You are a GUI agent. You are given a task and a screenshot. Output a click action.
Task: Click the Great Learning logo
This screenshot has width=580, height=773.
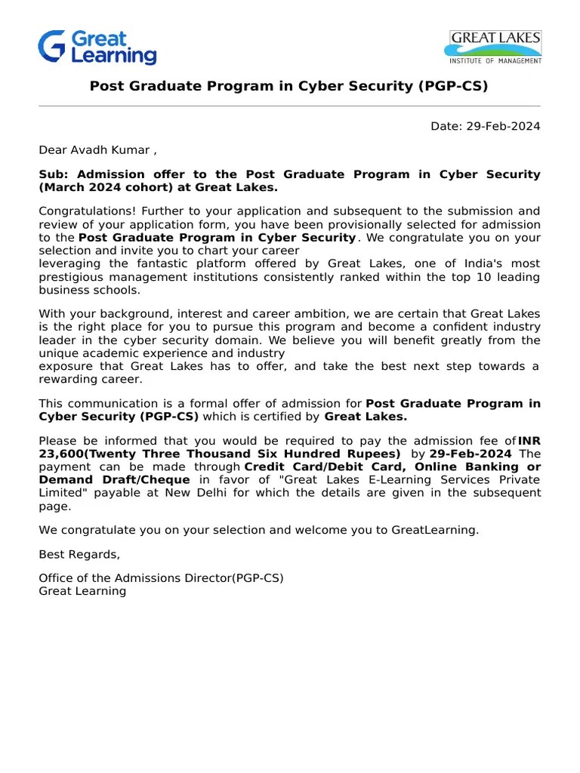coord(97,48)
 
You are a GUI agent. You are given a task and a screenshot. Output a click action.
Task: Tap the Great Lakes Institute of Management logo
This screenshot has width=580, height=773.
coord(495,47)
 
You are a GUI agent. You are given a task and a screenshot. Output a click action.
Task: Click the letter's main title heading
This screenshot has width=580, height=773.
coord(289,86)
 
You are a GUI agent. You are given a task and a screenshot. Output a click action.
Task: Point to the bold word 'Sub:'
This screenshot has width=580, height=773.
coord(54,174)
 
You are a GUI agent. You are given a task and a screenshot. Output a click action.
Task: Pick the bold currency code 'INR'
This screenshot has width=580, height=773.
coord(529,441)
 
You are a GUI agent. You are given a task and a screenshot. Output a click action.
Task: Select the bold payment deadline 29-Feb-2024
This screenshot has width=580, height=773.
coord(470,454)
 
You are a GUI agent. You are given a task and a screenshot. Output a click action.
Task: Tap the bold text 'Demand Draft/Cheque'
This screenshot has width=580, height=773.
coord(114,479)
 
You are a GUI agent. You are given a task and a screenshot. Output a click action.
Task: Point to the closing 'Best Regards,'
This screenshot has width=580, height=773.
coord(79,554)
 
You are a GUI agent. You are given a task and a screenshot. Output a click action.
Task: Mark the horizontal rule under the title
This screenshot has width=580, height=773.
coord(289,106)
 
